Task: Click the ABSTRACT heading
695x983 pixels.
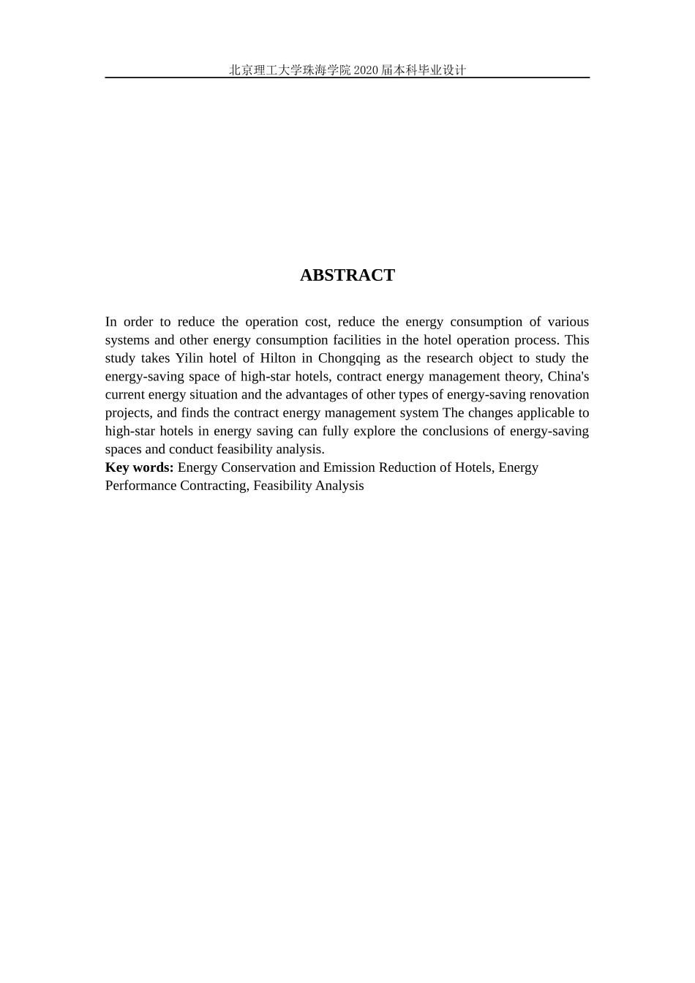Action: (347, 275)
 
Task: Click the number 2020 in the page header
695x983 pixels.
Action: (366, 70)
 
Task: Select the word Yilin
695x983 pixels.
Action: (189, 358)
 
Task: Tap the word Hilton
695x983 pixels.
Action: (278, 358)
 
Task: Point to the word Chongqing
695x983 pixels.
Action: (349, 358)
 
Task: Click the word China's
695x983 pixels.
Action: (568, 377)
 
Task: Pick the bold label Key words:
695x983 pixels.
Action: (139, 467)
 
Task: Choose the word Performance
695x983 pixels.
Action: (140, 486)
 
